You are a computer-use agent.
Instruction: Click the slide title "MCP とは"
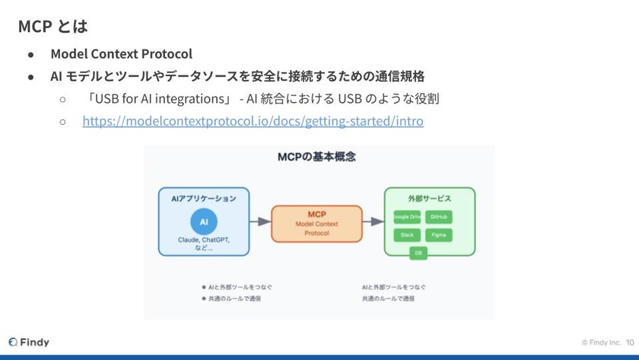click(x=52, y=27)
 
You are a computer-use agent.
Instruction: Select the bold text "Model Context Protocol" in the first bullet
click(x=121, y=54)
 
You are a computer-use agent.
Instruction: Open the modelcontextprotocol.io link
click(x=253, y=121)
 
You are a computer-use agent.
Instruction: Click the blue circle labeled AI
click(x=203, y=221)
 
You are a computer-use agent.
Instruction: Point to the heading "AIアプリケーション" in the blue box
click(x=202, y=198)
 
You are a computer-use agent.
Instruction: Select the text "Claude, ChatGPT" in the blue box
click(x=203, y=240)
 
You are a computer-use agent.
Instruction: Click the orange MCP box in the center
click(x=316, y=224)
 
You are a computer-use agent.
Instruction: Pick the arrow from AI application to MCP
click(x=259, y=221)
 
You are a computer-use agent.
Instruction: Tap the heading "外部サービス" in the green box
click(x=429, y=198)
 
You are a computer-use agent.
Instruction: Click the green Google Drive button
click(x=407, y=217)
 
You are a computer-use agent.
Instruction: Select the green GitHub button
click(x=439, y=217)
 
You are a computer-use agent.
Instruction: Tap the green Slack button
click(x=407, y=235)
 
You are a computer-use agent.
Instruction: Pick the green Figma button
click(x=439, y=235)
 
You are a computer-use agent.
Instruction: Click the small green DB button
click(x=418, y=253)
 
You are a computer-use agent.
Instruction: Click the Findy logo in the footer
click(x=29, y=342)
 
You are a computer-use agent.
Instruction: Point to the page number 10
click(x=629, y=342)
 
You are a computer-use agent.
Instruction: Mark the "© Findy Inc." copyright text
click(x=602, y=342)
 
